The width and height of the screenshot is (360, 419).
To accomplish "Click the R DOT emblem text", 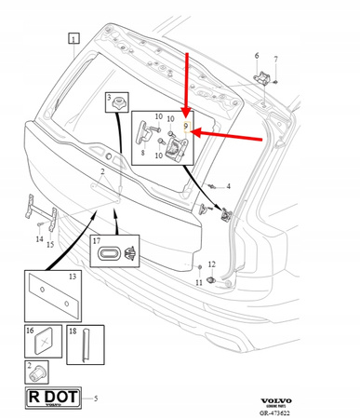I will pyautogui.click(x=52, y=398).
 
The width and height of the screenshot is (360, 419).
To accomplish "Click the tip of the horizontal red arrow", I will pyautogui.click(x=197, y=136).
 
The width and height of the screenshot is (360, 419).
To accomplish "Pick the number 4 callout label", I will pyautogui.click(x=227, y=187).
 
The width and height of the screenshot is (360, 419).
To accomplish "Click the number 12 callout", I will pyautogui.click(x=211, y=265).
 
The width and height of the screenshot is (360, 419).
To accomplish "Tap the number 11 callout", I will pyautogui.click(x=198, y=282).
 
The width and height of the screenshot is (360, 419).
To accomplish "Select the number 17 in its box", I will pyautogui.click(x=97, y=241).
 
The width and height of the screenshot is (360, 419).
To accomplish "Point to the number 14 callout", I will pyautogui.click(x=39, y=240).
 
